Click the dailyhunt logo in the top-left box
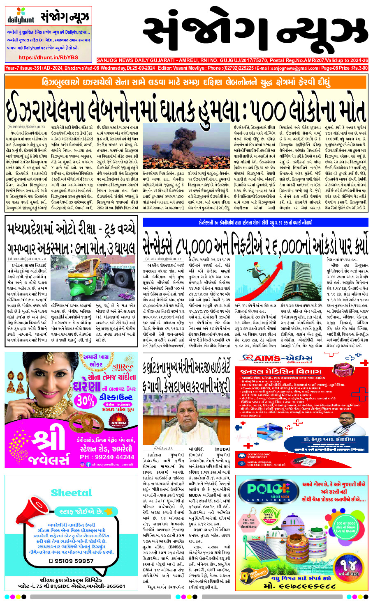pyautogui.click(x=21, y=18)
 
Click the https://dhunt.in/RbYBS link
pyautogui.click(x=48, y=57)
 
